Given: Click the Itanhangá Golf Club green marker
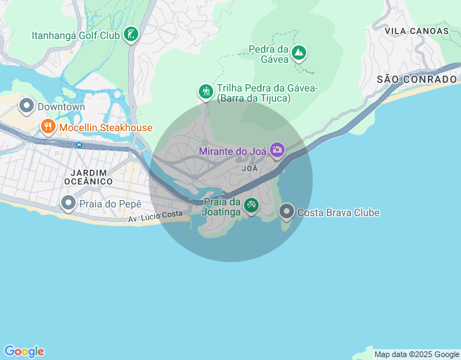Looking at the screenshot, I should [130, 35].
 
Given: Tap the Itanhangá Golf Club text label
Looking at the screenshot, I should [76, 35].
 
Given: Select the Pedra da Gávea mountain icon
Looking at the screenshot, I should [298, 53].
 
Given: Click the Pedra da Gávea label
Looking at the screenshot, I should [268, 54].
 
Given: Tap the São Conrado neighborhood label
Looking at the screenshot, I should [417, 78].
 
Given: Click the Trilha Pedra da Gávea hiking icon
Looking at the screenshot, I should [206, 91].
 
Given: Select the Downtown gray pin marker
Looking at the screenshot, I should [27, 107].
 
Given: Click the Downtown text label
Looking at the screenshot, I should [61, 107].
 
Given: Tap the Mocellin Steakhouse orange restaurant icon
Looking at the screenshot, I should [48, 127].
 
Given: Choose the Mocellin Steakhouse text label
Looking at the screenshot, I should [106, 127].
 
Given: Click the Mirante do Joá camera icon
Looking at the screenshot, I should [277, 150].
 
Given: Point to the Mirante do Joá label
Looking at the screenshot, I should [233, 151].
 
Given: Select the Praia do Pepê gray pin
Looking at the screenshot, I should [68, 204].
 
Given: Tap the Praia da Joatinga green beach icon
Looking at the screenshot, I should [251, 206].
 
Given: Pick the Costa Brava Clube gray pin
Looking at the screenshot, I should [286, 212].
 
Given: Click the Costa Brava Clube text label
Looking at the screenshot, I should [339, 212].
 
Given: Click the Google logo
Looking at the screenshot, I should [24, 351].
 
